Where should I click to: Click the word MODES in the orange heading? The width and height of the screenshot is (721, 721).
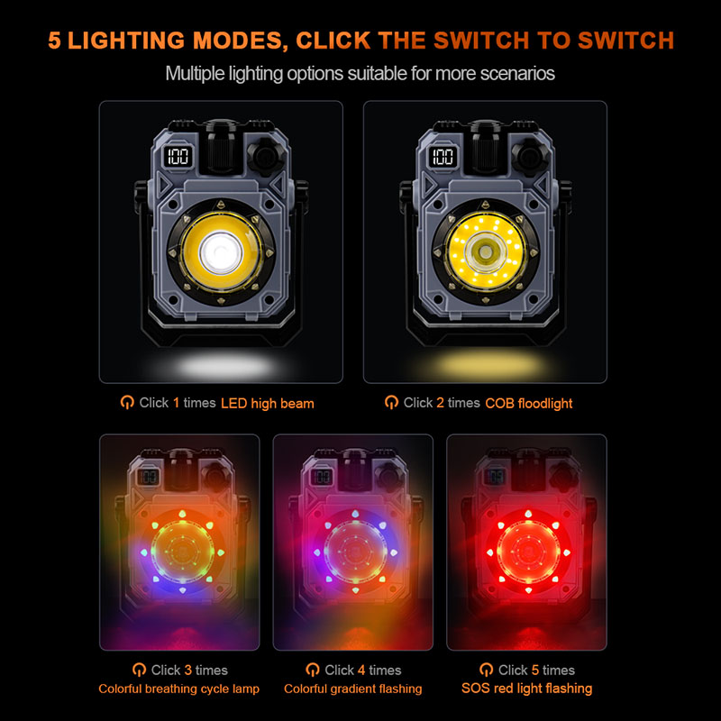(237, 41)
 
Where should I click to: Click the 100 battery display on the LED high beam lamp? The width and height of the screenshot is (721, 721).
(178, 156)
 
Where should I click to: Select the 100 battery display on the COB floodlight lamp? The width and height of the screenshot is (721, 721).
(443, 156)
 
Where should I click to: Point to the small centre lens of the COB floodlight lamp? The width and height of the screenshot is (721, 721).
(485, 251)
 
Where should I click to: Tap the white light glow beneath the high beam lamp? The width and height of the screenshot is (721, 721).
(224, 367)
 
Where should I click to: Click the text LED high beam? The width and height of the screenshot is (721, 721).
(268, 403)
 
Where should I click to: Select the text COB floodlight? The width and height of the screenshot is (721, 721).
(529, 403)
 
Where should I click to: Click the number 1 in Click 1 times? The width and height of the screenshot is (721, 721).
(176, 403)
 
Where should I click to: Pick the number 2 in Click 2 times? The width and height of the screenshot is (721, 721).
(440, 403)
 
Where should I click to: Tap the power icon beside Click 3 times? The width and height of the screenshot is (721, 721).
(139, 670)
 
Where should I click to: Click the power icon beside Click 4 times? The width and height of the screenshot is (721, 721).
(312, 670)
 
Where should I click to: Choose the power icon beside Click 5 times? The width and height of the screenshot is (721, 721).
(486, 670)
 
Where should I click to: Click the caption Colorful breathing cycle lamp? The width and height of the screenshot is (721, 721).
(178, 689)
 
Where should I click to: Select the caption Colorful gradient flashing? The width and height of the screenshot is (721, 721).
(352, 689)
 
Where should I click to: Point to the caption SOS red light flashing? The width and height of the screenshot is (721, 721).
(527, 689)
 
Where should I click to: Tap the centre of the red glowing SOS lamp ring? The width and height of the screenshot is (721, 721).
(528, 552)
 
